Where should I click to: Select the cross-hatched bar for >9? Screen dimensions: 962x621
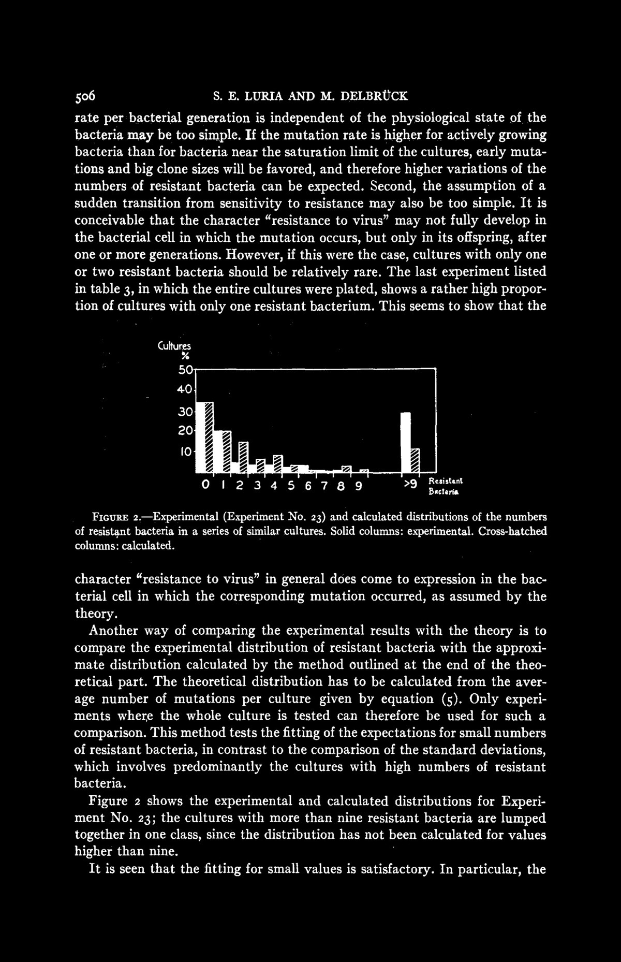pos(415,460)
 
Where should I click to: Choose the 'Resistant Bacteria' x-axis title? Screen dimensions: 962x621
pos(443,486)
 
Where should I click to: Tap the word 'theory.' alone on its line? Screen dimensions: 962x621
pos(93,614)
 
